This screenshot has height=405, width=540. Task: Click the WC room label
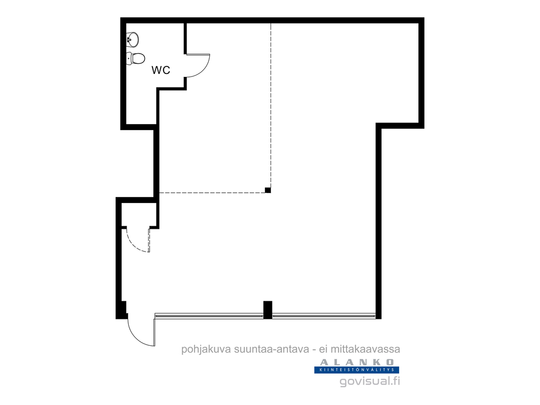click(161, 70)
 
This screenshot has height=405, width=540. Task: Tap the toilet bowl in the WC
click(136, 58)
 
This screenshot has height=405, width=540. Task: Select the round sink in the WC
click(133, 39)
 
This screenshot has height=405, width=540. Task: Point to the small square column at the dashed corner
click(267, 190)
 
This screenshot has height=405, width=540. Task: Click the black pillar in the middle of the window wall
click(267, 310)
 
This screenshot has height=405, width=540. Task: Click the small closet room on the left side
click(139, 215)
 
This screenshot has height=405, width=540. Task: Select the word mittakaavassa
click(365, 349)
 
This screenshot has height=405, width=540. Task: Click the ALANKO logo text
click(357, 362)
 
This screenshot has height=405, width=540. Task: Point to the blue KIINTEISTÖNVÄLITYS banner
click(357, 370)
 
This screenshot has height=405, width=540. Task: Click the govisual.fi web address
click(370, 381)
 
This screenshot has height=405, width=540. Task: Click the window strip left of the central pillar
click(209, 315)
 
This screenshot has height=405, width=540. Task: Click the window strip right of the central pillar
click(324, 315)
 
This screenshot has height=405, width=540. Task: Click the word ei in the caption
click(323, 349)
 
